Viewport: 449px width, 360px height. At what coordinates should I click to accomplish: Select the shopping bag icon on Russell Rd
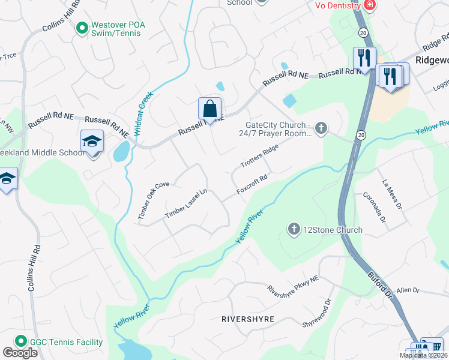tap(210, 109)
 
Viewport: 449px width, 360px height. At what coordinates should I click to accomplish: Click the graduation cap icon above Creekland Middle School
tap(92, 142)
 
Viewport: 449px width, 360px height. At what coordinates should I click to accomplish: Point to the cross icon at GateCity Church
tap(322, 127)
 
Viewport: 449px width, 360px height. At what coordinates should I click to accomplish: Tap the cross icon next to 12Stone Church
tap(294, 229)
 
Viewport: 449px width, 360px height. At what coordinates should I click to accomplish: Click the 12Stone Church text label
tap(333, 230)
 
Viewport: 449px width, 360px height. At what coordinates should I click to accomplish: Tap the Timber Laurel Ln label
tap(186, 203)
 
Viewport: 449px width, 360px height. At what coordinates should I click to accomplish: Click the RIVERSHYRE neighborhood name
tap(248, 319)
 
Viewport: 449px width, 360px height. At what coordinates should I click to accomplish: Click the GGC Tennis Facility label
tap(66, 342)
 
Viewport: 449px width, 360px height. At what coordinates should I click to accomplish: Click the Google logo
tap(20, 353)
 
